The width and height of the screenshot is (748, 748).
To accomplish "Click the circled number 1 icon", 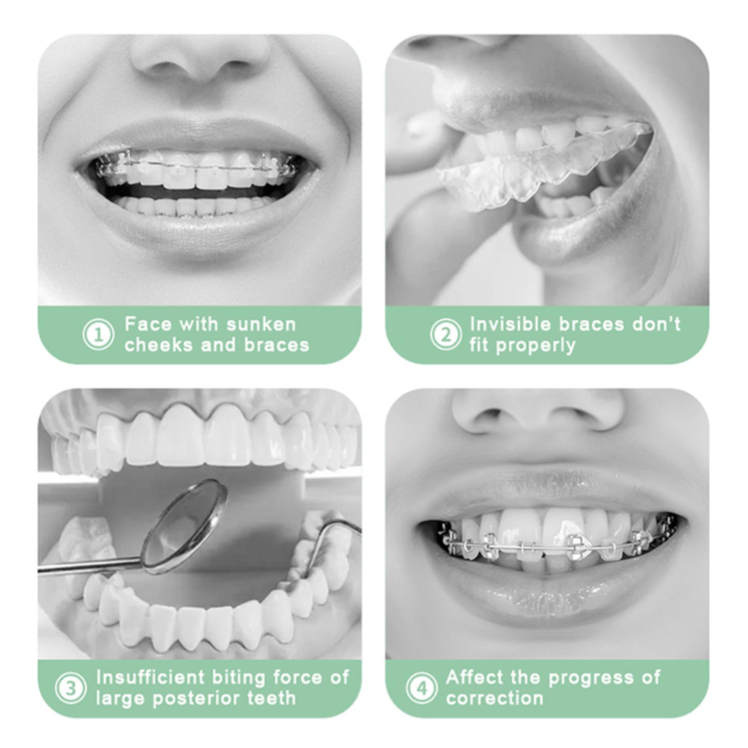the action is (x=98, y=334).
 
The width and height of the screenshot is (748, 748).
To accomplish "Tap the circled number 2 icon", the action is (x=446, y=334).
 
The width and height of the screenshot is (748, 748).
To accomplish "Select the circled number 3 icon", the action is (x=71, y=688).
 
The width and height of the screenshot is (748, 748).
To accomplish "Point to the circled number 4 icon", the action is (x=422, y=688).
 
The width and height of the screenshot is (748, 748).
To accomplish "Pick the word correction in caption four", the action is (x=495, y=698).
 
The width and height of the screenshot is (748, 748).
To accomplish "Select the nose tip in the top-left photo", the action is (x=201, y=65).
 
